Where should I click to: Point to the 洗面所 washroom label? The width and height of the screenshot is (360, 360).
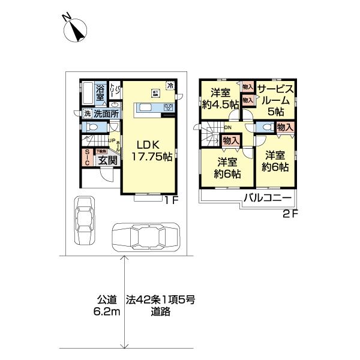(x=104, y=113)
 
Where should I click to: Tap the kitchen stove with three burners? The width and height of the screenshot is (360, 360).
(x=168, y=108)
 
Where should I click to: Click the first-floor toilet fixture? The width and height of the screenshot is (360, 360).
(x=89, y=128)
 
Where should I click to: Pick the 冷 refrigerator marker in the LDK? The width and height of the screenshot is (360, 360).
(x=170, y=85)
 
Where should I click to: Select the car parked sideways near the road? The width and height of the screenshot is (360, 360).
(x=146, y=235)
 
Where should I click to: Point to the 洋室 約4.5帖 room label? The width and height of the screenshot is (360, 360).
(x=220, y=98)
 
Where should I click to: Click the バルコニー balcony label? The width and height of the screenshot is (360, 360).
(x=267, y=199)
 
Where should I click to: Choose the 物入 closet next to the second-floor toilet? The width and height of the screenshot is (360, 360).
(x=285, y=127)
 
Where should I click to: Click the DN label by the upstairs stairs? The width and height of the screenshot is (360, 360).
(x=227, y=127)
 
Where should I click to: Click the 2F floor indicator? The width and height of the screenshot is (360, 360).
(x=291, y=212)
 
